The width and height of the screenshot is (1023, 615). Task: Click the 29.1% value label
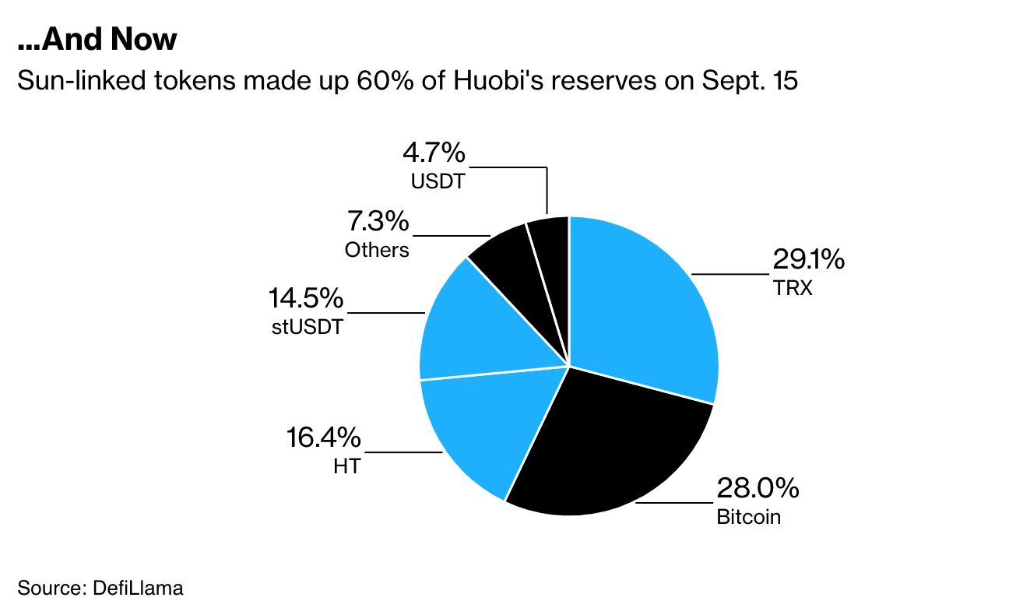[x=807, y=259]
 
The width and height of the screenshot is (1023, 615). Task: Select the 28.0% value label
[x=758, y=489]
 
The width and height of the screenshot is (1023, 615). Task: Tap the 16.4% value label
[x=323, y=438]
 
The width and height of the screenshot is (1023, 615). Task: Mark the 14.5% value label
[x=305, y=298]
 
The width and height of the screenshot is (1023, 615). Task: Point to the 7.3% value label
[x=378, y=222]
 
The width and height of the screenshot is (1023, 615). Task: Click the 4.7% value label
[x=434, y=153]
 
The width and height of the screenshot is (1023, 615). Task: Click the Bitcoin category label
[x=748, y=516]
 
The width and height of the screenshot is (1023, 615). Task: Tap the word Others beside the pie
[x=377, y=250]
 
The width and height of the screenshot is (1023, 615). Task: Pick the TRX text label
[x=793, y=288]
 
